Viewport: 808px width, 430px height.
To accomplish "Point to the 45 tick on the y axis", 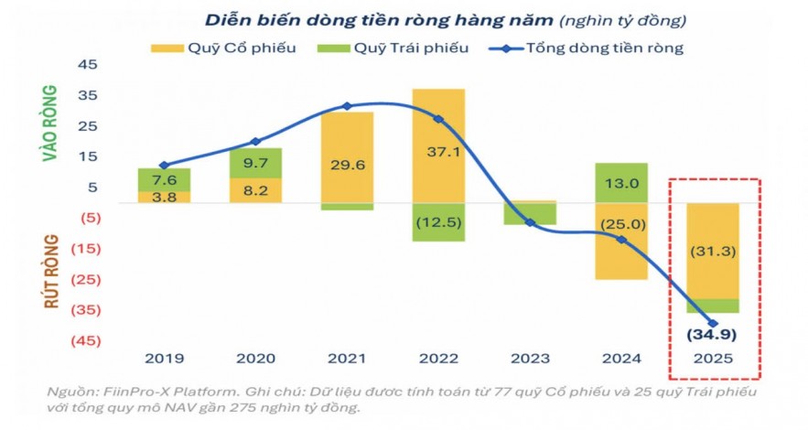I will pos(87,65).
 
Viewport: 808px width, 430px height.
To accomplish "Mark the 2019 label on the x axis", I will pos(164,360).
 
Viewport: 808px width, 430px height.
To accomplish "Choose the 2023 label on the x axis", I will pos(530,360).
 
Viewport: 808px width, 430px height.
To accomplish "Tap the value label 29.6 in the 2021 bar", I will pos(347,165).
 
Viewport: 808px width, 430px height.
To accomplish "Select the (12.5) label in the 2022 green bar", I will pos(438,222).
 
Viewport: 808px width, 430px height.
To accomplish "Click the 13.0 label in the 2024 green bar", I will pos(621,183).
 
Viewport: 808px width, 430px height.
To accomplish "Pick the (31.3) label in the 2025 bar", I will pos(712,250).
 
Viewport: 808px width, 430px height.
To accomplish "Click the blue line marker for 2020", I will pos(255,142).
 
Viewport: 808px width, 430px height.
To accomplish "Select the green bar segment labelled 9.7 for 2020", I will pos(255,162).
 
